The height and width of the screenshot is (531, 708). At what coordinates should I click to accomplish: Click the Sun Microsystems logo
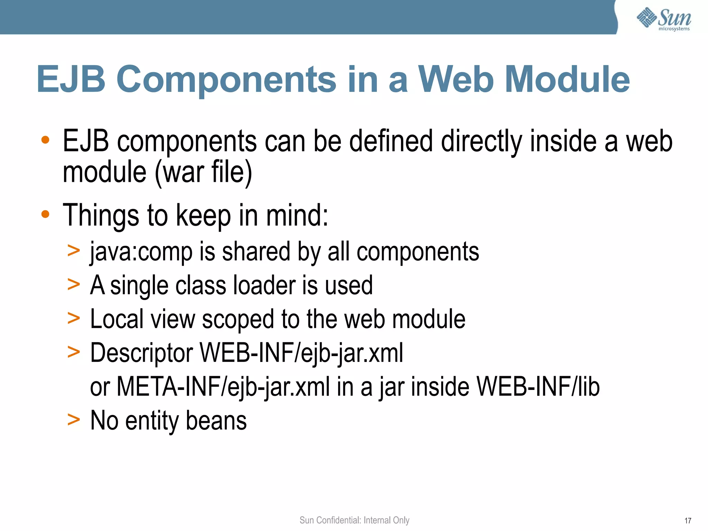pos(664,19)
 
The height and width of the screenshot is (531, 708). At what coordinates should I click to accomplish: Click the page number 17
pos(688,521)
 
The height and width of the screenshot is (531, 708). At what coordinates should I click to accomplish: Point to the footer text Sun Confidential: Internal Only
pos(354,520)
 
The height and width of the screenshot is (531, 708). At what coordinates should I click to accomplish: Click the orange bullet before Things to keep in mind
pos(45,214)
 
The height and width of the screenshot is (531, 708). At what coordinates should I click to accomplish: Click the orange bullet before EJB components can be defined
pos(45,140)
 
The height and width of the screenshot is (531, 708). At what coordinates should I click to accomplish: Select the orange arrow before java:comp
pos(74,250)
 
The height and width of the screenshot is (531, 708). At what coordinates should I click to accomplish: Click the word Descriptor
pos(141,353)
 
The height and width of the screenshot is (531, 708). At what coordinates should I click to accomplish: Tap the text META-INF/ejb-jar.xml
pos(223,387)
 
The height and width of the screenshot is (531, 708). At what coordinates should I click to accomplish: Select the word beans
pos(216,421)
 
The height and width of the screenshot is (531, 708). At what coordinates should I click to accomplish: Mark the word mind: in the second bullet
pos(297,215)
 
